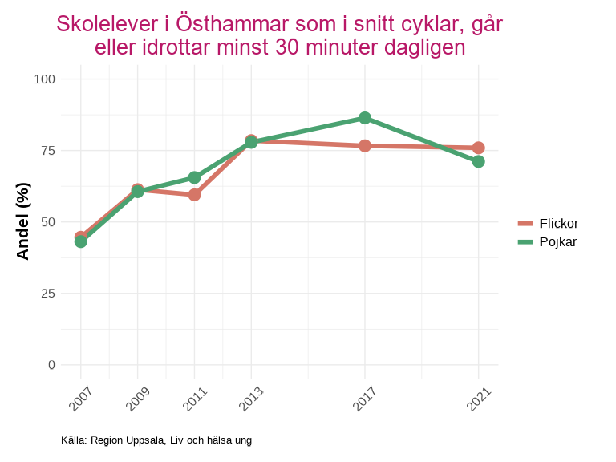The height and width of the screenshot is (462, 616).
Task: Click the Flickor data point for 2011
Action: click(x=194, y=195)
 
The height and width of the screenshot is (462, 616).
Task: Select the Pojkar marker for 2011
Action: click(x=194, y=177)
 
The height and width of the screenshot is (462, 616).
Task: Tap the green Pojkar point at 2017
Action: click(x=365, y=118)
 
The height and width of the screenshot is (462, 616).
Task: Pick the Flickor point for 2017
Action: click(x=365, y=146)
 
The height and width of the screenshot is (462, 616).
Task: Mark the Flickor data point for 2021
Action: click(x=479, y=148)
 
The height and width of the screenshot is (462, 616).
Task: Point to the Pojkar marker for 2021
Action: click(x=479, y=161)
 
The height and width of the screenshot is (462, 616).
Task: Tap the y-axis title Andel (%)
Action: click(x=23, y=221)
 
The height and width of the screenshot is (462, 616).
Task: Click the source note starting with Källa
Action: click(x=156, y=440)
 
